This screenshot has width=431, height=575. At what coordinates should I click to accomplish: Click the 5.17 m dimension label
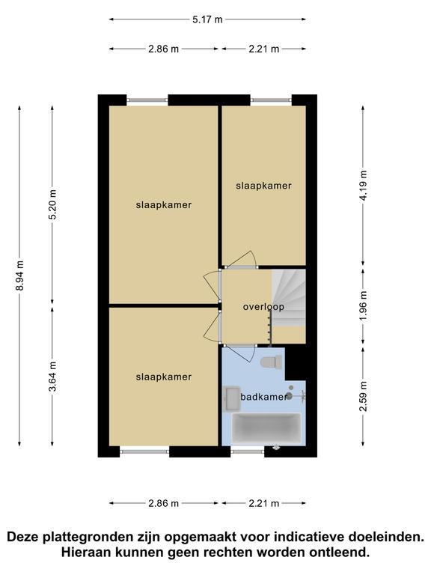coord(207,19)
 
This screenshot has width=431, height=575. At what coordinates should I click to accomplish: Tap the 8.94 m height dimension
coord(19,276)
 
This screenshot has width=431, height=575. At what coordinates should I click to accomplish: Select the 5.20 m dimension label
coord(53,204)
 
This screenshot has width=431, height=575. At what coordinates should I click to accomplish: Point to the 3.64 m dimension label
coord(53,377)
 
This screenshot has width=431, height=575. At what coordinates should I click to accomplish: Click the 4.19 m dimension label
coord(363,186)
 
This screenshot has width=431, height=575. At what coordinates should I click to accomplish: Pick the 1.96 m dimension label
coord(363,305)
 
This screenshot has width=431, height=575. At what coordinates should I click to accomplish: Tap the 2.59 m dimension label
coord(363,396)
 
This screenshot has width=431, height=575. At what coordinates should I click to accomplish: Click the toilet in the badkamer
coord(272,362)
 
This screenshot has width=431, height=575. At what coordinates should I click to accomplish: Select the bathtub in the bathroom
coord(267,429)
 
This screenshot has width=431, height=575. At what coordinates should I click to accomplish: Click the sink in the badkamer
coord(231,398)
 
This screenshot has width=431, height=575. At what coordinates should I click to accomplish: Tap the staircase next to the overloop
coord(289,298)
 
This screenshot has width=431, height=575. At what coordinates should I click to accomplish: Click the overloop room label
coord(263,306)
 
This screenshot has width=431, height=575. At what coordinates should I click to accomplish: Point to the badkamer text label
coord(263,397)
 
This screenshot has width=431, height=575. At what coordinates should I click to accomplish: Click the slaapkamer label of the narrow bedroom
coord(263,186)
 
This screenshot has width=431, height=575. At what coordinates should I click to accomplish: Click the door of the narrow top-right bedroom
coord(241,259)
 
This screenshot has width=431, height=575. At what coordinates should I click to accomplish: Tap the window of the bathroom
coord(248,451)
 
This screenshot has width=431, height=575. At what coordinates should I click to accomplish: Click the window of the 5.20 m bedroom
coord(147,100)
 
